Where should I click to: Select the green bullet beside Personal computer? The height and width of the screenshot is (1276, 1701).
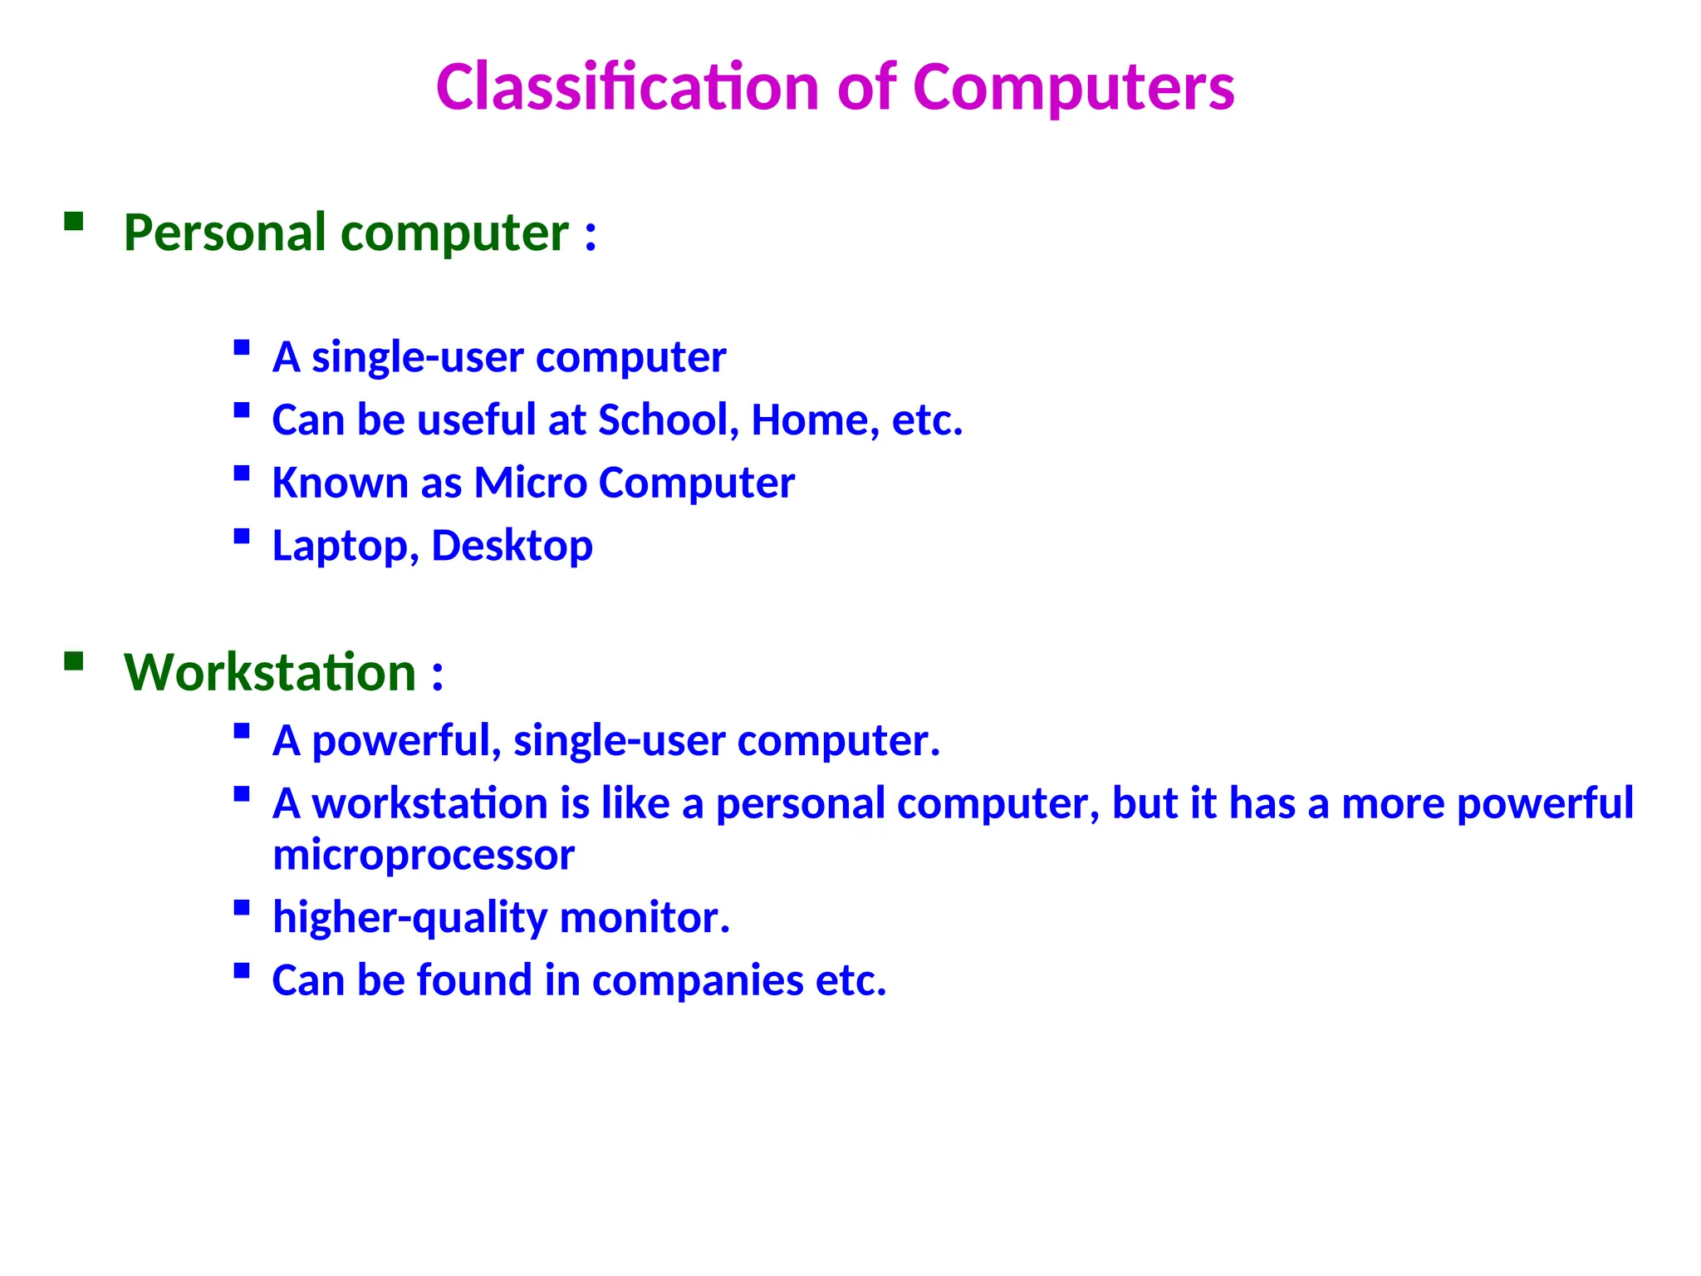(x=74, y=220)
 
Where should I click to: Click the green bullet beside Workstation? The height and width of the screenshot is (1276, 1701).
(x=74, y=660)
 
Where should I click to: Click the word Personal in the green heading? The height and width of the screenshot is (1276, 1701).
(x=224, y=233)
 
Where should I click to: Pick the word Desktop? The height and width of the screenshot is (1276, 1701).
(x=512, y=546)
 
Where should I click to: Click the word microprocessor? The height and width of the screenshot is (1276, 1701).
(x=423, y=855)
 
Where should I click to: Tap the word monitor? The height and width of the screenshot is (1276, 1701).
(x=645, y=918)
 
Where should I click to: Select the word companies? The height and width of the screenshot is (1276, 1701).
(x=698, y=980)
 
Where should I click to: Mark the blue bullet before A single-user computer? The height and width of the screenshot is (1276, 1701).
(x=242, y=347)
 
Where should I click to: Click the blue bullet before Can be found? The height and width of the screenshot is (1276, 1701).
(x=242, y=970)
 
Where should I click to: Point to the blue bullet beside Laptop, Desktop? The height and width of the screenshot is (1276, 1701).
(x=242, y=536)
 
